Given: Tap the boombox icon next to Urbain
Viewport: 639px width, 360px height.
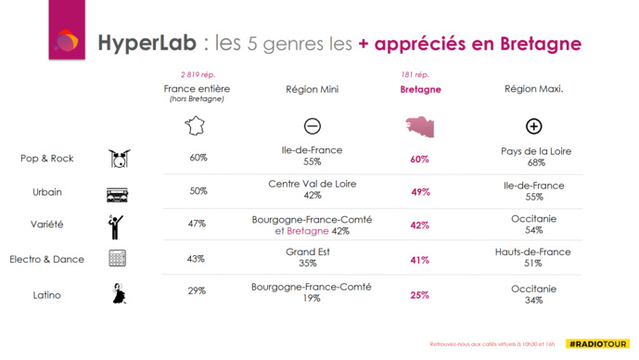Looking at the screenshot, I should click(117, 193).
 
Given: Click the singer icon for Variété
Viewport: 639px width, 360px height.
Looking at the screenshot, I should click(115, 225).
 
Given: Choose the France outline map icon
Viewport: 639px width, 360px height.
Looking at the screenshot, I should click(196, 125).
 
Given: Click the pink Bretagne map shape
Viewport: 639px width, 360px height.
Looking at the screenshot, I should click(420, 126).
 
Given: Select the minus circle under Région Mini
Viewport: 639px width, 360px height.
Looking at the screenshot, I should click(312, 126).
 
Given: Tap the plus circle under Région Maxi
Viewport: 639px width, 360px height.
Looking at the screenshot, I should click(533, 126).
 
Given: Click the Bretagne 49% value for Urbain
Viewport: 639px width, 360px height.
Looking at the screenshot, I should click(420, 192).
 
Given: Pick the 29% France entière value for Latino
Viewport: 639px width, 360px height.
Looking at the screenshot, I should click(197, 292).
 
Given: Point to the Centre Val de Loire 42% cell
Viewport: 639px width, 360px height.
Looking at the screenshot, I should click(312, 190).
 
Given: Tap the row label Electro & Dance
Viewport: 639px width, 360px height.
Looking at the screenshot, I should click(52, 260).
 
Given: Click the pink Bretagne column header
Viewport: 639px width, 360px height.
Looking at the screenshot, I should click(420, 90).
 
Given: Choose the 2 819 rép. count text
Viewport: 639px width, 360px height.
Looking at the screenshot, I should click(197, 74).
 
